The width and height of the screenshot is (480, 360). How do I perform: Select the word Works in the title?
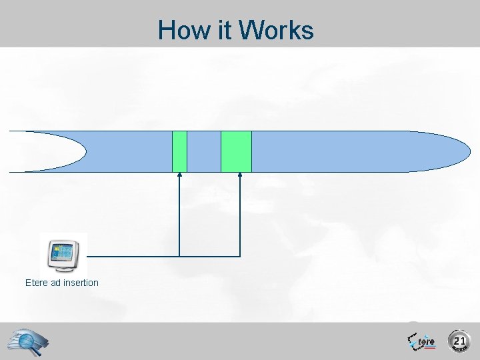pyautogui.click(x=276, y=31)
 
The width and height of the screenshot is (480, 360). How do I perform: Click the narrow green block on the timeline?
pyautogui.click(x=179, y=151)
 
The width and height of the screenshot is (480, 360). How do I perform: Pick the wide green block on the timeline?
pyautogui.click(x=236, y=151)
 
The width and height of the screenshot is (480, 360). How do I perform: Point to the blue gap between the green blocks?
pyautogui.click(x=204, y=151)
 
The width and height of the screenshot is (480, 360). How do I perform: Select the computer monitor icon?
pyautogui.click(x=63, y=253)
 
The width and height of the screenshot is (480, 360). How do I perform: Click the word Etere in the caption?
pyautogui.click(x=37, y=283)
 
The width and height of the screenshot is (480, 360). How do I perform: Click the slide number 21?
pyautogui.click(x=459, y=341)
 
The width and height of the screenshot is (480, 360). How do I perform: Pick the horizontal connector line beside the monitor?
pyautogui.click(x=133, y=256)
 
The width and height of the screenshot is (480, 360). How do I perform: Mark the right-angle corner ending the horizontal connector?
pyautogui.click(x=240, y=256)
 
